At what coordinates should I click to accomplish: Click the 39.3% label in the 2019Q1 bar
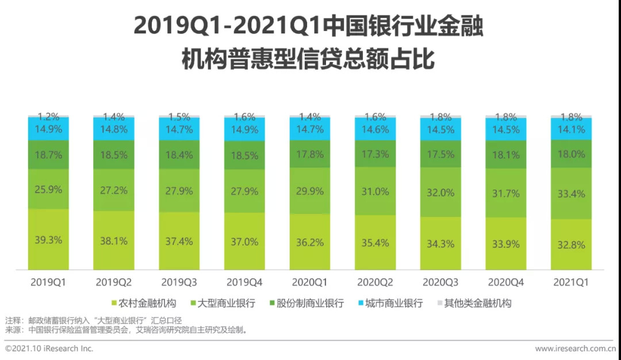(48, 240)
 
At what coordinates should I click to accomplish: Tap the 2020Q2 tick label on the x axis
(375, 282)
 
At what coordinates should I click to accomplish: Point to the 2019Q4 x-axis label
(244, 282)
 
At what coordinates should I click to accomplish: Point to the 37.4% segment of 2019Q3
(179, 241)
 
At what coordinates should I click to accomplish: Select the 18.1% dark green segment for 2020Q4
(505, 155)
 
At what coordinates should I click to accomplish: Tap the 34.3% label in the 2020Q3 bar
(440, 244)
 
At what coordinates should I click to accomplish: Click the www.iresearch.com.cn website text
(575, 348)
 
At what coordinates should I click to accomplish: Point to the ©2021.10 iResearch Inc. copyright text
(49, 348)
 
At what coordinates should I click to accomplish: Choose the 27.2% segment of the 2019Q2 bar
(113, 189)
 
